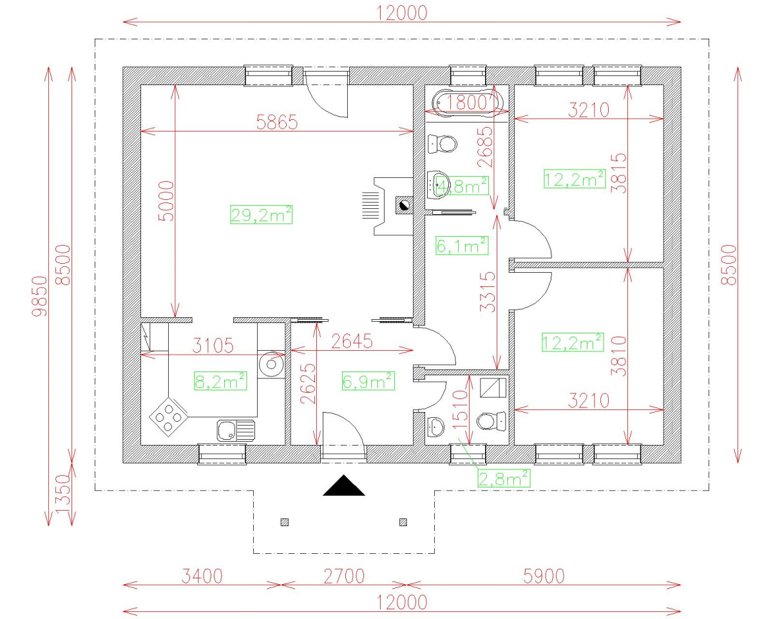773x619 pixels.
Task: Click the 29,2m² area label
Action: (x=261, y=214)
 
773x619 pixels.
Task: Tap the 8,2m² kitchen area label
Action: (x=220, y=381)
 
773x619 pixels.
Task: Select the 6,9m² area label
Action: (x=368, y=381)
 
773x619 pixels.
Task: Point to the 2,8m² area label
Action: (x=504, y=478)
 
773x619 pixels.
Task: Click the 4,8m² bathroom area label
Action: (x=463, y=186)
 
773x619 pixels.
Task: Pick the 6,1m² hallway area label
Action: (x=462, y=245)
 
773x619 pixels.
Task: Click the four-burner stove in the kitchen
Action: (x=169, y=417)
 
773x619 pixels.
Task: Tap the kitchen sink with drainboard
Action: (x=236, y=431)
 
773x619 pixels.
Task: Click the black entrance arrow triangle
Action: (x=344, y=486)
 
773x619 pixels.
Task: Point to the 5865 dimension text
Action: (x=277, y=123)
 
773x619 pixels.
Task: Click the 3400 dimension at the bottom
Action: (x=202, y=576)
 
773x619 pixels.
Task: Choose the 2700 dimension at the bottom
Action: (x=344, y=576)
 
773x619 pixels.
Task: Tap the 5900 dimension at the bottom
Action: (x=544, y=576)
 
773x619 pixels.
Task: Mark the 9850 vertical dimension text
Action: (x=39, y=296)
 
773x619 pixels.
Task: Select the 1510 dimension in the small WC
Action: (x=460, y=409)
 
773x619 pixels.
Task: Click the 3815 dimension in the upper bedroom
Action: (x=618, y=173)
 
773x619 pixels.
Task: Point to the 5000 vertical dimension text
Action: (x=166, y=201)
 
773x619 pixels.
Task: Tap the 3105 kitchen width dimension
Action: (x=213, y=346)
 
